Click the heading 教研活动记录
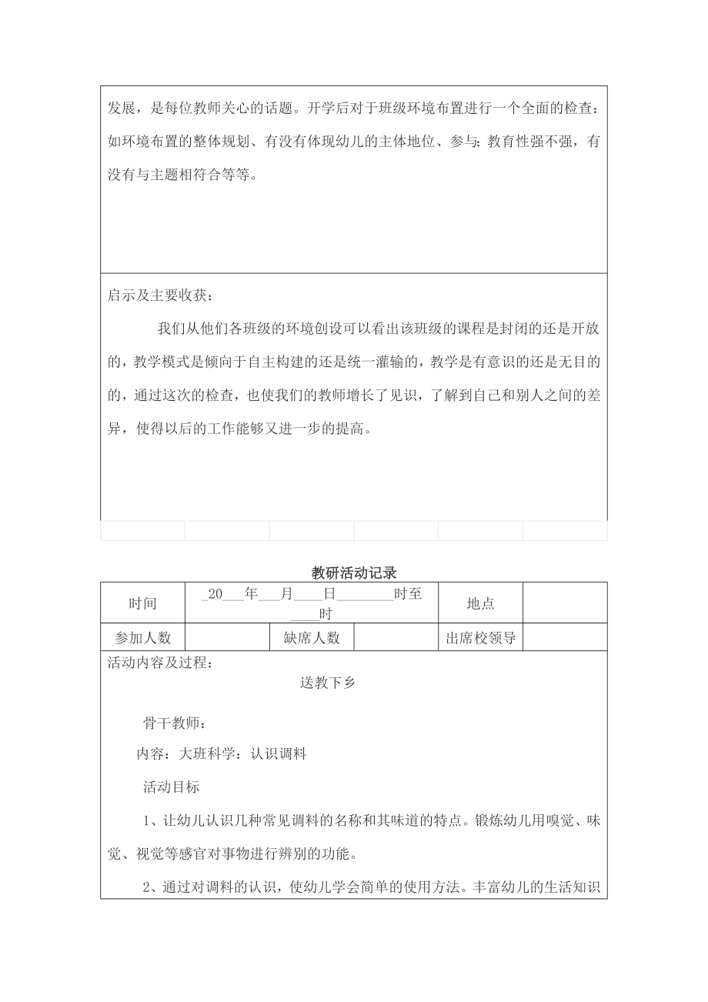[x=353, y=573]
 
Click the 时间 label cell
[x=142, y=603]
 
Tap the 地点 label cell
[x=480, y=603]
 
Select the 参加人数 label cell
[x=142, y=638]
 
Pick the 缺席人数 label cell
[x=312, y=638]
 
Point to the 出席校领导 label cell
[x=480, y=638]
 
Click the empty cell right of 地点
[x=565, y=603]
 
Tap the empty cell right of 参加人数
[x=227, y=638]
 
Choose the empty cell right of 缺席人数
[x=396, y=638]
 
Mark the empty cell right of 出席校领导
[x=565, y=638]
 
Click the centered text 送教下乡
[x=327, y=682]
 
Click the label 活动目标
[x=171, y=787]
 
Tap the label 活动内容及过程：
[x=160, y=663]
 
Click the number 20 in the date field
[x=215, y=594]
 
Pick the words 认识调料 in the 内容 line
[x=279, y=754]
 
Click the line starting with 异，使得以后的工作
[x=239, y=429]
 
